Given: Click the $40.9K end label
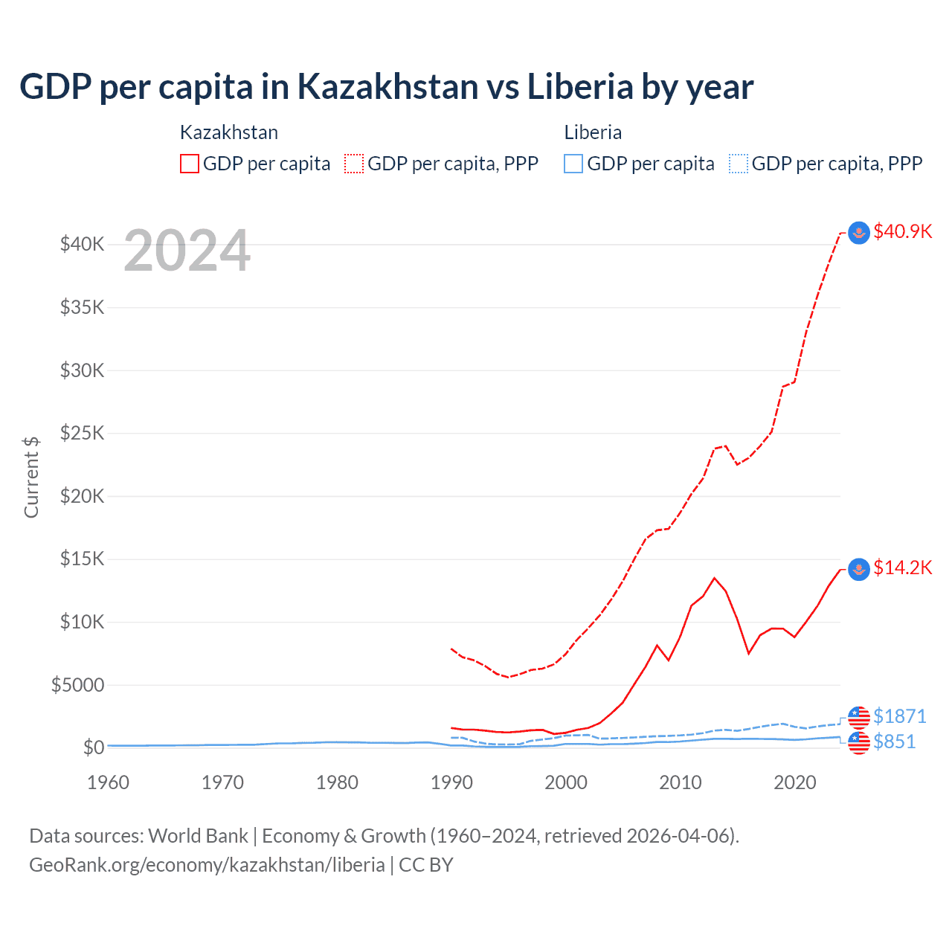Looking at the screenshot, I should [902, 231].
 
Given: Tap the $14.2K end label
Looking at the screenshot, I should [902, 568].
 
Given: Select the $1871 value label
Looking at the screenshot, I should [899, 716].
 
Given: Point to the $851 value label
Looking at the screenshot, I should [894, 742].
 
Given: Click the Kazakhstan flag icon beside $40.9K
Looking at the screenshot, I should [859, 233].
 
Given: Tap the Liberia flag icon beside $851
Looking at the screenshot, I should [859, 742].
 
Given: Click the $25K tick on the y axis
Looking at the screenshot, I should [82, 433].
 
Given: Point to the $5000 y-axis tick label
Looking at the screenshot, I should [77, 685].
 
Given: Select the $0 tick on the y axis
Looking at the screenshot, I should [93, 747].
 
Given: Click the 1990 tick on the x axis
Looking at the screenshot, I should [451, 782].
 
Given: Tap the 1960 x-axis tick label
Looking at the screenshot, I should [108, 782].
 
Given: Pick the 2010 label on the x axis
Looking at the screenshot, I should [681, 782].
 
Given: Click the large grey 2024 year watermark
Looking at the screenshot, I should [187, 251].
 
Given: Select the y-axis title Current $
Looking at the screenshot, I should [31, 477].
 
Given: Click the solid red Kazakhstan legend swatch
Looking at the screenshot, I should [190, 164].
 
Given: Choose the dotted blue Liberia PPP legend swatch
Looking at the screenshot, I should [739, 164].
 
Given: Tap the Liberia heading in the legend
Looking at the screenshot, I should [593, 132].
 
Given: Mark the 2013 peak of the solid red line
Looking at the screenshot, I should [714, 578].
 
